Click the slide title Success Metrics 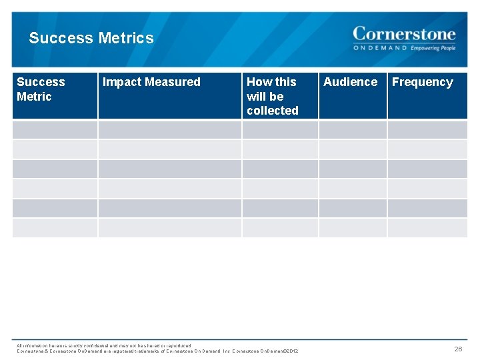pyautogui.click(x=91, y=38)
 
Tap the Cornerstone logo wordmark pyautogui.click(x=404, y=34)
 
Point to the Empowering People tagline pyautogui.click(x=433, y=48)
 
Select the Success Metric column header pyautogui.click(x=41, y=89)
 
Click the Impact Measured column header pyautogui.click(x=151, y=82)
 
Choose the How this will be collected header pyautogui.click(x=272, y=96)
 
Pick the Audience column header pyautogui.click(x=350, y=82)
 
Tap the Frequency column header pyautogui.click(x=422, y=82)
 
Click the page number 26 pyautogui.click(x=458, y=349)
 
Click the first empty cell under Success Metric pyautogui.click(x=55, y=129)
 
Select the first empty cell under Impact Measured pyautogui.click(x=169, y=129)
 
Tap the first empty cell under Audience pyautogui.click(x=353, y=129)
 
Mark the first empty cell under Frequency pyautogui.click(x=427, y=129)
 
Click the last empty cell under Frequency pyautogui.click(x=427, y=228)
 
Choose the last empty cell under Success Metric pyautogui.click(x=55, y=228)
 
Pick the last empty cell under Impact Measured pyautogui.click(x=169, y=228)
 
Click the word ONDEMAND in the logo pyautogui.click(x=380, y=48)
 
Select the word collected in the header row pyautogui.click(x=272, y=111)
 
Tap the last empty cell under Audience pyautogui.click(x=353, y=228)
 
